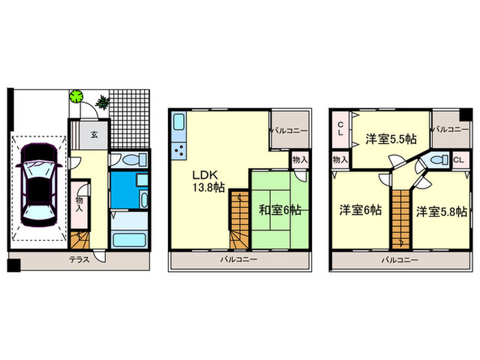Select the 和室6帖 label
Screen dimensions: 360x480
(x=280, y=211)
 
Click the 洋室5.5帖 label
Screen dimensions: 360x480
(x=390, y=139)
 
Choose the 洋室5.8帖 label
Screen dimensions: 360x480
(x=442, y=211)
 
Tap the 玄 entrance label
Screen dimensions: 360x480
(x=93, y=135)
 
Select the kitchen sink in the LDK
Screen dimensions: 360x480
(x=179, y=125)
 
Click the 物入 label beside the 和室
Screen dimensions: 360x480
(x=300, y=159)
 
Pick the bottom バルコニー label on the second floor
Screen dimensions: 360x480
(x=239, y=261)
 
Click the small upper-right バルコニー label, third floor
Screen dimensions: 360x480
(x=450, y=129)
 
